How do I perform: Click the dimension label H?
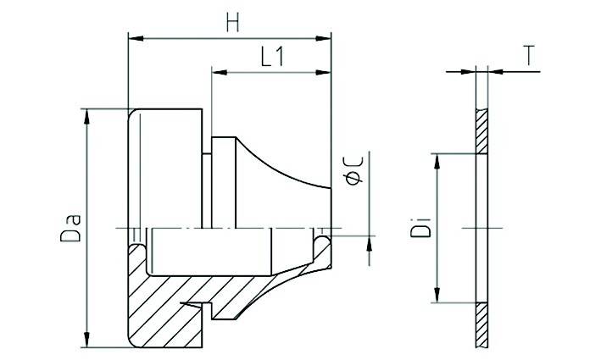point(232,23)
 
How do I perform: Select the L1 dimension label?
point(272,57)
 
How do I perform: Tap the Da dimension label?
point(71,229)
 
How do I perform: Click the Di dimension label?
point(420,228)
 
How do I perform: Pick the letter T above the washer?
point(529,56)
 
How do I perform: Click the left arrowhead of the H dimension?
point(136,38)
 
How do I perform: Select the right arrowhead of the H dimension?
point(323,38)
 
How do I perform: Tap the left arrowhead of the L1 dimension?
point(220,72)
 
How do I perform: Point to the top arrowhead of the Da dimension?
point(87,117)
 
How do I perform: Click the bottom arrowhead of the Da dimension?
point(87,340)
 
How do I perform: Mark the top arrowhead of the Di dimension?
point(437,162)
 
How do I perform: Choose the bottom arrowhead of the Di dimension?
point(437,295)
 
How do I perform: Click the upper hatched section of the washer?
point(481,132)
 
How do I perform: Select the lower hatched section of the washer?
point(481,324)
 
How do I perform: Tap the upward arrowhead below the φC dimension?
point(369,244)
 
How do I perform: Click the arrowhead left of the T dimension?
point(468,72)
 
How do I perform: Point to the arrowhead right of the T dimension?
point(496,72)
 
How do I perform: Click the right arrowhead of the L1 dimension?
point(323,72)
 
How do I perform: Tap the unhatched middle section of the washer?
point(481,228)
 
